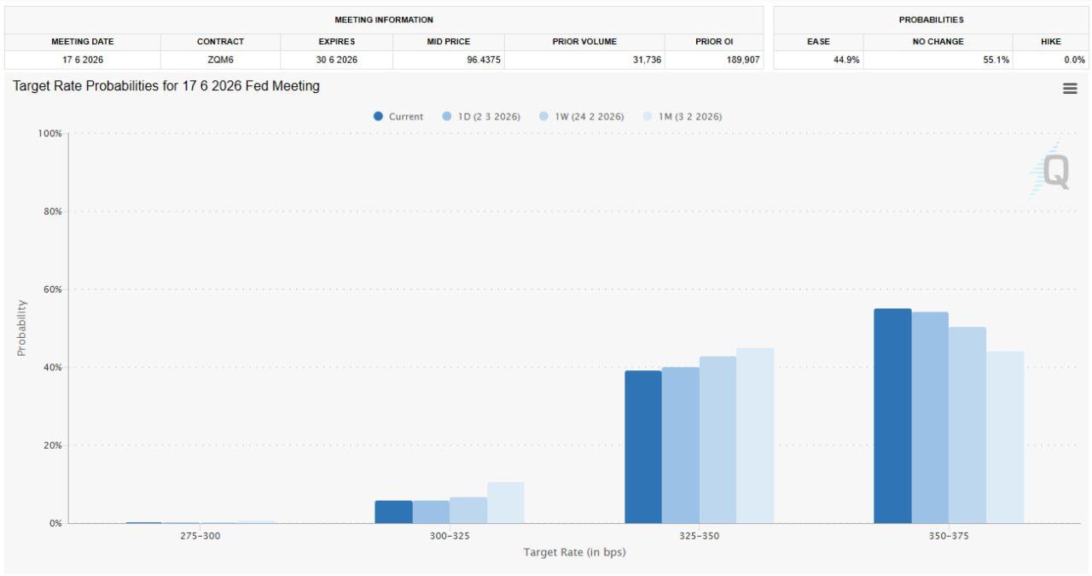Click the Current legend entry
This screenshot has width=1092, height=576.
398,117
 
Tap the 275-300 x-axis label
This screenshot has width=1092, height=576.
200,536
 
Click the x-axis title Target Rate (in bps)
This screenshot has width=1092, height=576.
574,552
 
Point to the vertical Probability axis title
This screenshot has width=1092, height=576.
22,328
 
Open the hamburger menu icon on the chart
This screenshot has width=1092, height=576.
1070,89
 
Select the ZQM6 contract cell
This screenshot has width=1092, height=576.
220,60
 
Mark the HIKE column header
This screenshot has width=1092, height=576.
1050,41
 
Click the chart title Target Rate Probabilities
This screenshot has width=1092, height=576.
166,86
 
